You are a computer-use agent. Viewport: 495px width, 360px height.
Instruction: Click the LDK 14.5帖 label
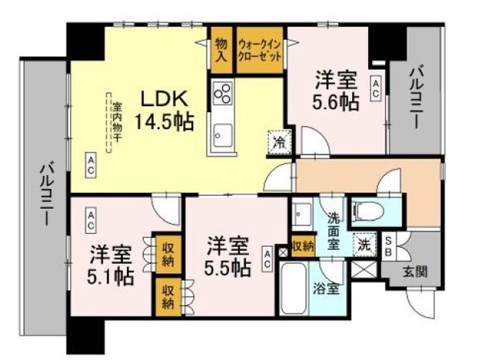[x=163, y=110]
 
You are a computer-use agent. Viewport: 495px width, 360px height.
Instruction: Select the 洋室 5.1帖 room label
[x=110, y=265]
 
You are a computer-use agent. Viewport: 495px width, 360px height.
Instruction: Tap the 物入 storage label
[x=221, y=51]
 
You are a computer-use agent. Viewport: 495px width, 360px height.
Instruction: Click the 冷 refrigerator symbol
[x=279, y=142]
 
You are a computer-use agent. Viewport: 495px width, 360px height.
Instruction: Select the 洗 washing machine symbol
[x=362, y=245]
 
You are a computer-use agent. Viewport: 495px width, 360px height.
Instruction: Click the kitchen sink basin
[x=221, y=137]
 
